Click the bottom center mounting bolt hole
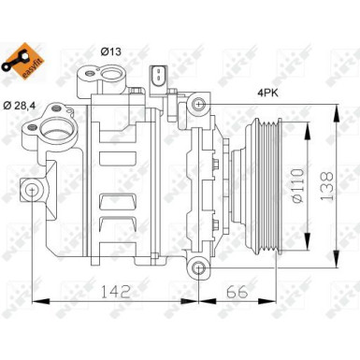[x=197, y=270]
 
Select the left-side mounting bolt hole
[x=35, y=194]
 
